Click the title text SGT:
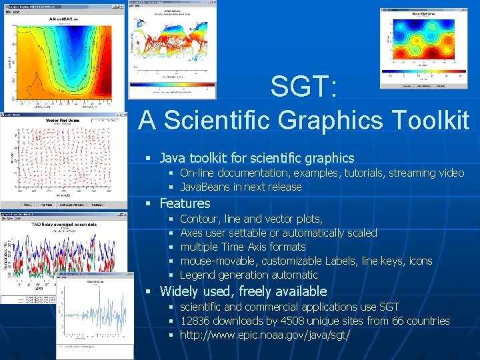303,87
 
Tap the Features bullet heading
185,203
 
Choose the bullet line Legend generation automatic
249,275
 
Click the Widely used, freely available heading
243,291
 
